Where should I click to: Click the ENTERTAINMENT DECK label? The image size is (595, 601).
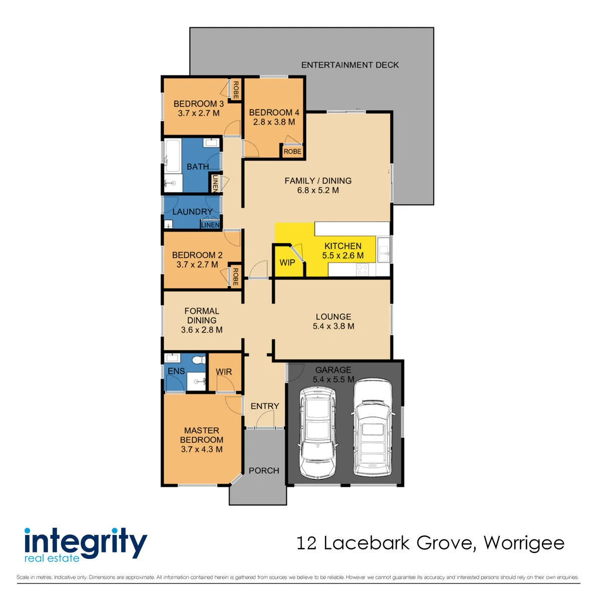350,65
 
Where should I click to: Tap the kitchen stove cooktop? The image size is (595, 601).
362,269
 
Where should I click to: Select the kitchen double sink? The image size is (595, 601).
384,249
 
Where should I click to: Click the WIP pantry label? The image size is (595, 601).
287,262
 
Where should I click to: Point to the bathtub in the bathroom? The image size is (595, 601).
172,155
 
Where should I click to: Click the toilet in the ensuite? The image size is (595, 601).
198,360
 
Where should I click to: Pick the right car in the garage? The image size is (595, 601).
373,427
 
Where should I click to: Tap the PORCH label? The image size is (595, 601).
263,470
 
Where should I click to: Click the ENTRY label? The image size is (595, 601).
264,406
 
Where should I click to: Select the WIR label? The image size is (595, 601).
224,372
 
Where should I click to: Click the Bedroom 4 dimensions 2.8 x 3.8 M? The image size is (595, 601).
274,122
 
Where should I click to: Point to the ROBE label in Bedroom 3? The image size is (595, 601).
236,90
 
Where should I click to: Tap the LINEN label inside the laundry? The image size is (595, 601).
210,225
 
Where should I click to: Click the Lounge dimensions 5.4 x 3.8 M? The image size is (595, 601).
333,326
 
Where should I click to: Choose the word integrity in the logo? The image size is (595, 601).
86,543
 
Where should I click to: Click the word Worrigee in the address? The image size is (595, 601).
524,543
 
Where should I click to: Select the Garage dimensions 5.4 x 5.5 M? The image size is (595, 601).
333,379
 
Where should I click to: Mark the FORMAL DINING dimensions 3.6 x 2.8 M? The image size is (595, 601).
201,330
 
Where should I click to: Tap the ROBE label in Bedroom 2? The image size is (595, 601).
235,276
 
